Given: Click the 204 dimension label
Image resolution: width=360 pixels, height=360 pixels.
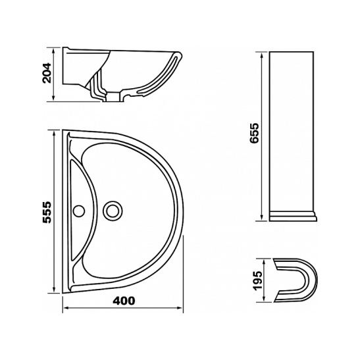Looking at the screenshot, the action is (47, 73).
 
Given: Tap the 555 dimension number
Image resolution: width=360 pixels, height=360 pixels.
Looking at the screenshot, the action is (47, 212).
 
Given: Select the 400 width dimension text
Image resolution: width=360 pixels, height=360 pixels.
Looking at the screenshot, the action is (124, 301).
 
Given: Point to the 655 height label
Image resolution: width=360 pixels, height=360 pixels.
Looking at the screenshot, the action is (255, 134).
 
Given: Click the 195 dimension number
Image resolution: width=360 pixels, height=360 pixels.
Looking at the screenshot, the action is (259, 281).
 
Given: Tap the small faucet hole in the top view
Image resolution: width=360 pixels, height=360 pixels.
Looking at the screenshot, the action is (79, 211).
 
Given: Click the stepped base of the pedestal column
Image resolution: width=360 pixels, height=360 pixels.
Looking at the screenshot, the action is (293, 216).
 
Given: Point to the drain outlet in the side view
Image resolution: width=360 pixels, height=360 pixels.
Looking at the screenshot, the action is (114, 97).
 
